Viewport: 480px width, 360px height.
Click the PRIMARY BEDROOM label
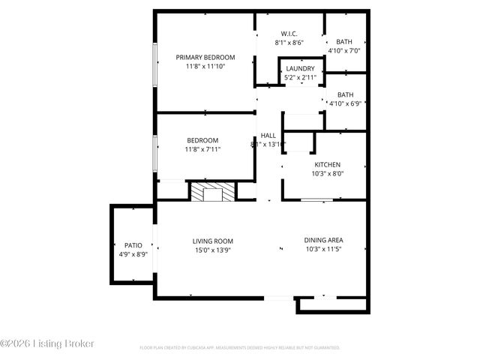coord(205,57)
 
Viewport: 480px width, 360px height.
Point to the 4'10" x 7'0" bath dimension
coord(344,51)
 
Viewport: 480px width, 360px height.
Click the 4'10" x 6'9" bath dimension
coord(345,103)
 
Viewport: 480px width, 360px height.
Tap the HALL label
coord(268,136)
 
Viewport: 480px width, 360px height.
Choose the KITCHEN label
coord(327,164)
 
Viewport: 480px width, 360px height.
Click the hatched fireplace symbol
coord(211,193)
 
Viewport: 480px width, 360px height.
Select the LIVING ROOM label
coord(212,241)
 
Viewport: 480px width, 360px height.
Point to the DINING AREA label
coord(324,241)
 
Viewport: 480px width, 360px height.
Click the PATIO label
coord(133,245)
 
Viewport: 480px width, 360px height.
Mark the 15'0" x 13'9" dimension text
coord(212,250)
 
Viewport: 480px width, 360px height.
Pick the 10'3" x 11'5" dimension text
coord(324,250)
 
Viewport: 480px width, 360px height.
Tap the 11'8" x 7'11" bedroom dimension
coord(202,150)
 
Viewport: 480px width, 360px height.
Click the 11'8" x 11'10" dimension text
coord(205,67)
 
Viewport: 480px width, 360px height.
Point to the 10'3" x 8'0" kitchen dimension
coord(327,174)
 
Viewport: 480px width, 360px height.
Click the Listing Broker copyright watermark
coord(49,343)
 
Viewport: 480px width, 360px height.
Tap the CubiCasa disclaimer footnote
coord(240,348)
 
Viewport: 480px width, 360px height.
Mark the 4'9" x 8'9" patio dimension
coord(133,255)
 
